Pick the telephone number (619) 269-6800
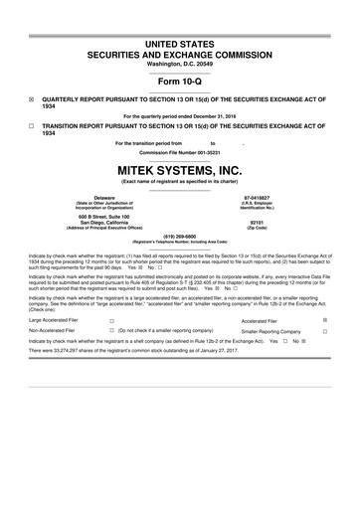(180, 237)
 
